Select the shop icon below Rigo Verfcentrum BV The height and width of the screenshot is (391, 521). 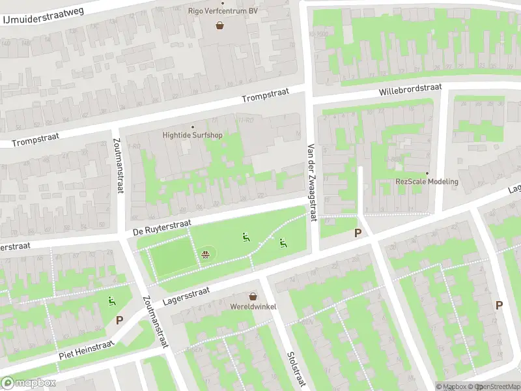click(220, 26)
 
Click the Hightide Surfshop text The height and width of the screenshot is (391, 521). click(192, 136)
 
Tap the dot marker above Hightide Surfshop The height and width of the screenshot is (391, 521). click(192, 126)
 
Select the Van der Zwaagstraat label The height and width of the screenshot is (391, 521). click(311, 182)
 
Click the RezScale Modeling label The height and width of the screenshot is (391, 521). click(427, 181)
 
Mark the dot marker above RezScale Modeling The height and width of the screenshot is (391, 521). click(427, 173)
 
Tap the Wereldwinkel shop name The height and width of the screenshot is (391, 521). click(253, 306)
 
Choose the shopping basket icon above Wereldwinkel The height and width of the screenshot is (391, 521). click(253, 296)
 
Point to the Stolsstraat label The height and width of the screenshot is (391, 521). click(296, 369)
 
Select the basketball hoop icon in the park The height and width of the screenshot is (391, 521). click(206, 254)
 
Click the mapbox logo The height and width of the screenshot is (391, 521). click(28, 383)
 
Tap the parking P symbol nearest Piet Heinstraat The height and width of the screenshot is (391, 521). click(119, 320)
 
